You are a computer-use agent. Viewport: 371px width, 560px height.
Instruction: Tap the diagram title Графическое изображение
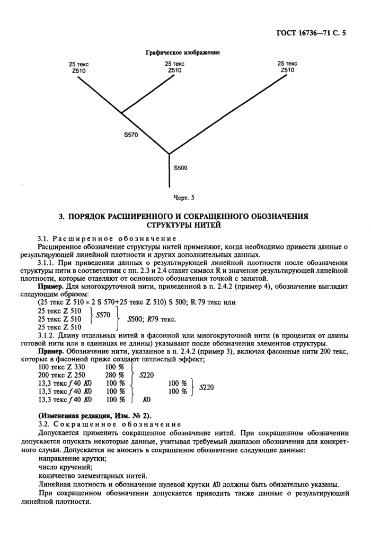pyautogui.click(x=182, y=52)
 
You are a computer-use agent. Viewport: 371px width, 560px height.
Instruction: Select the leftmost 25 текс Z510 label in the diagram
pyautogui.click(x=78, y=67)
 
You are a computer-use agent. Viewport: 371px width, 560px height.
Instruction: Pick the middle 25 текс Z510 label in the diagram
pyautogui.click(x=174, y=67)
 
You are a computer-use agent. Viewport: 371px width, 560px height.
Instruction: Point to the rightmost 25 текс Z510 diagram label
pyautogui.click(x=287, y=66)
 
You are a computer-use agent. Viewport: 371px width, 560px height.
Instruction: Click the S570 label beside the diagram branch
pyautogui.click(x=131, y=135)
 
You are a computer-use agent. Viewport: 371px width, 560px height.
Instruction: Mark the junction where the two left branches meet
pyautogui.click(x=121, y=113)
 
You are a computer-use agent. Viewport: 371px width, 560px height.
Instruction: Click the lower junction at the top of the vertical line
pyautogui.click(x=169, y=154)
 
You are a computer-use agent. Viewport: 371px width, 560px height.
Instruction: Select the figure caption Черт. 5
pyautogui.click(x=184, y=198)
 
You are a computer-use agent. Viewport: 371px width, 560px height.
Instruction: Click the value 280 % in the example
pyautogui.click(x=114, y=375)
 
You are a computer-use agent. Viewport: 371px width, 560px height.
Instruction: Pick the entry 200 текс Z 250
pyautogui.click(x=61, y=375)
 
